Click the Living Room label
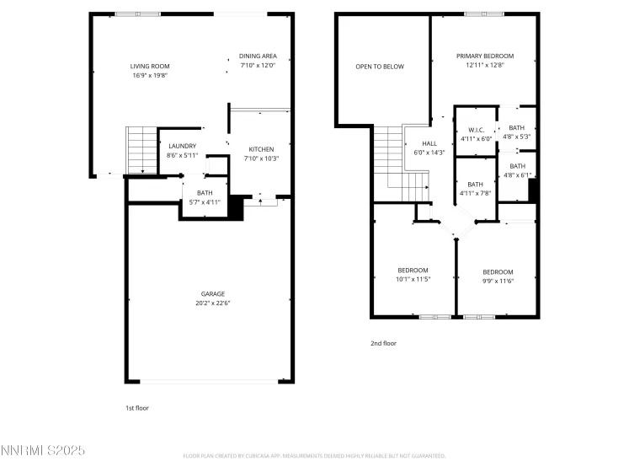click(150, 66)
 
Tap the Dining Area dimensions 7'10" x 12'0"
click(259, 66)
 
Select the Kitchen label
click(260, 149)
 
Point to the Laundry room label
click(182, 146)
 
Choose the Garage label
click(212, 293)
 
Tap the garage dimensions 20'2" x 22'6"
click(212, 303)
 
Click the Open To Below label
click(380, 66)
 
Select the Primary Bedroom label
click(485, 56)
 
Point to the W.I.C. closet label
click(475, 130)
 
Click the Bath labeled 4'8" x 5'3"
click(516, 128)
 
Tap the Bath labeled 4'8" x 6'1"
click(516, 166)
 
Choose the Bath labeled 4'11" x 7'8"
click(476, 185)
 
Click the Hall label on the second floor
click(429, 144)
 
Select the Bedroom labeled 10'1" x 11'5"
click(413, 270)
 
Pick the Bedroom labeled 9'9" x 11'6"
click(498, 271)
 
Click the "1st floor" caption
click(137, 407)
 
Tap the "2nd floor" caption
click(382, 343)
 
